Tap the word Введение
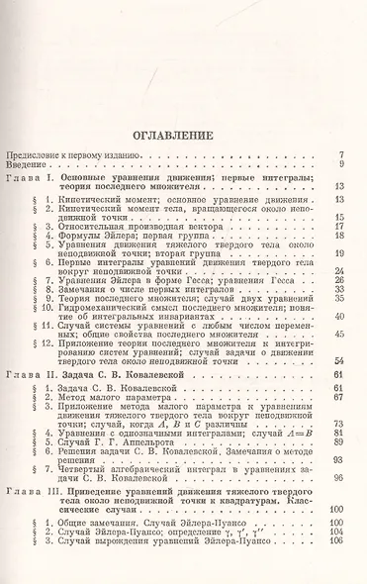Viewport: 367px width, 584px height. click(30, 165)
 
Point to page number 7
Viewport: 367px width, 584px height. click(340, 155)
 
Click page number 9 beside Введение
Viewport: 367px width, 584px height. click(340, 165)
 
